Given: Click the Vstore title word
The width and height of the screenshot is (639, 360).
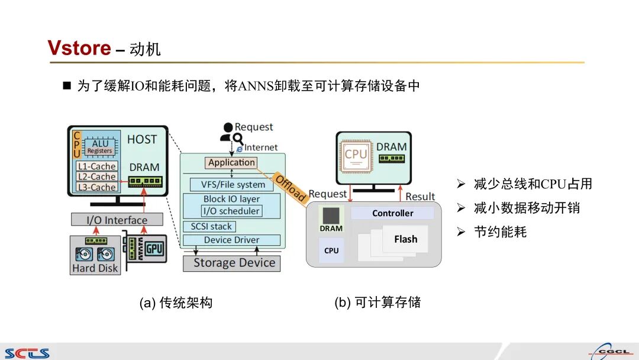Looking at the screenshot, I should pos(79,48).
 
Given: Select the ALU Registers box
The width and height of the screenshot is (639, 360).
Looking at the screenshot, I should pos(99,147).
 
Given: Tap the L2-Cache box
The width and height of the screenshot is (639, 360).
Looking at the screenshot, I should pos(96,176).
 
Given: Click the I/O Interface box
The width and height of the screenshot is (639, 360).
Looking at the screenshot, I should pos(117,220).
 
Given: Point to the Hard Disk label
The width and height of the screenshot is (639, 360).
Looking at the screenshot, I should pos(95,268).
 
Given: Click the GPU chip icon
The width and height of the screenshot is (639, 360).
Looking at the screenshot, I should pos(154,249).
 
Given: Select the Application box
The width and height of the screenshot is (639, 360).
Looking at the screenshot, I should pos(231,162).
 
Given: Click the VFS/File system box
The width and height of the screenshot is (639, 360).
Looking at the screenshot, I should pos(233,185).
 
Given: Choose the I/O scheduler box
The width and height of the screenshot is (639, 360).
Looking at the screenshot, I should pos(231,211).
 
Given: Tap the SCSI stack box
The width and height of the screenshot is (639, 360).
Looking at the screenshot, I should pos(211,226).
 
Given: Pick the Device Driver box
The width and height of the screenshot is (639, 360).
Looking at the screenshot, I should pos(231,240).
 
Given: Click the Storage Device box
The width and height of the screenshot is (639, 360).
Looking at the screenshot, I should pos(231,263).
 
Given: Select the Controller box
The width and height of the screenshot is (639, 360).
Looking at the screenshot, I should pos(392,213).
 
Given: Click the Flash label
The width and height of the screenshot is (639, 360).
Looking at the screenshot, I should pos(405,239).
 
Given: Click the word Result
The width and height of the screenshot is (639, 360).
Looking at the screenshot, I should pos(420,197).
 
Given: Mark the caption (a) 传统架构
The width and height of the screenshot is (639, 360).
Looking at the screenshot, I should pos(175,303).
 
